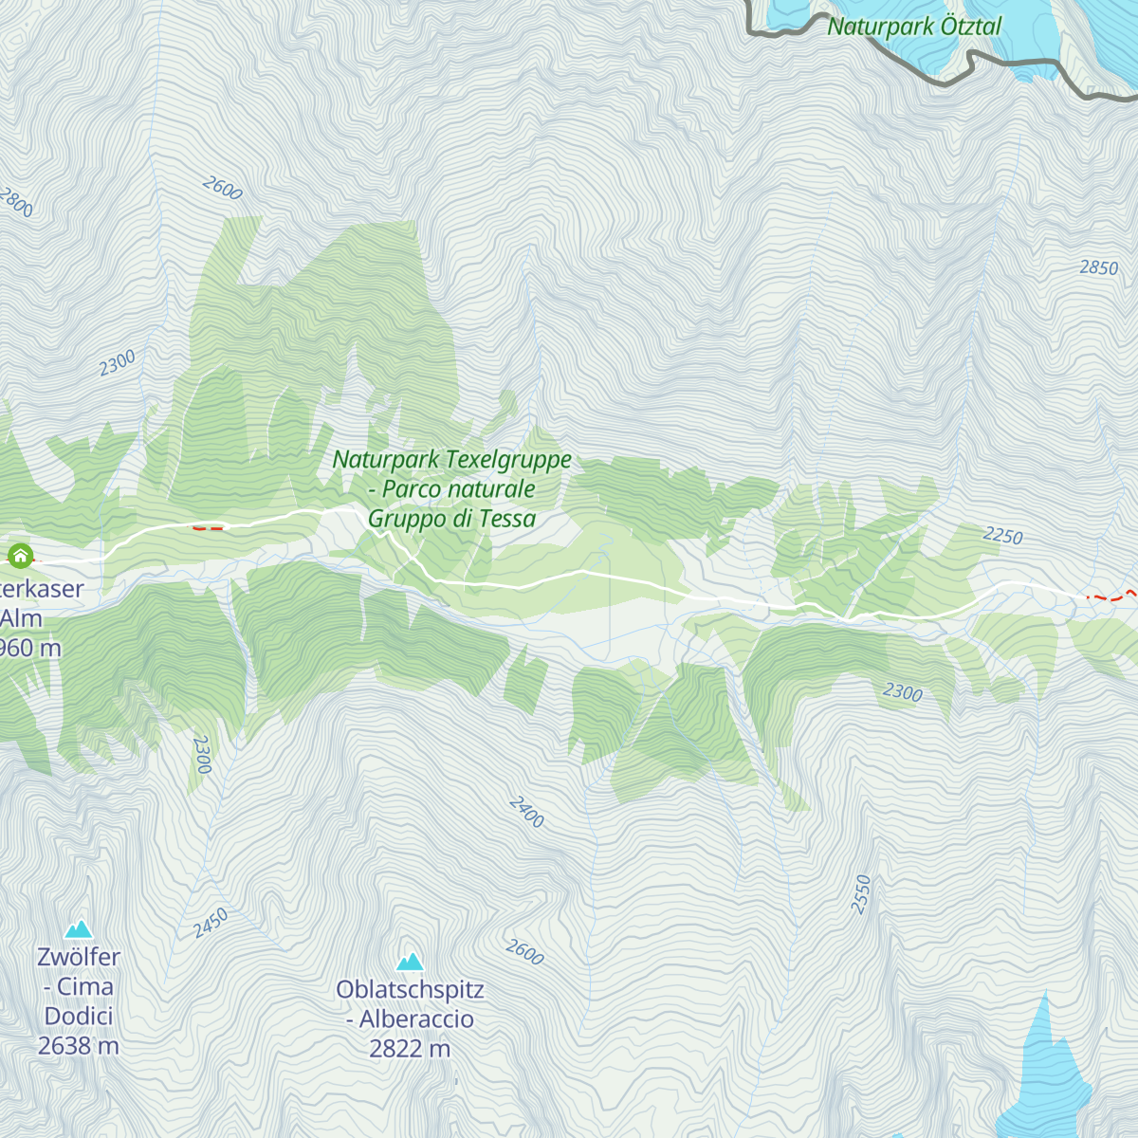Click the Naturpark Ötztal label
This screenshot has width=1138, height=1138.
(913, 27)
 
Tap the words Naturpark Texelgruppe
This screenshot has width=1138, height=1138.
(451, 460)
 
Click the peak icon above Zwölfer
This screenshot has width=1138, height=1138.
(79, 928)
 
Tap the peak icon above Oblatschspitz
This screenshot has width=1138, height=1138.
(410, 962)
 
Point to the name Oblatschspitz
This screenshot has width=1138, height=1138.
(410, 990)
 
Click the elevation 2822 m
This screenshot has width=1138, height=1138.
(410, 1049)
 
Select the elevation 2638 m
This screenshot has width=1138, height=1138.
(79, 1046)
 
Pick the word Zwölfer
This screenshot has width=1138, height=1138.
(79, 957)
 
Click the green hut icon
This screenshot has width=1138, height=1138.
(20, 556)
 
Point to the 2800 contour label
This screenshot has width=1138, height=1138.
(16, 202)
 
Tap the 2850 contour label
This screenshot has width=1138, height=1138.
(1098, 268)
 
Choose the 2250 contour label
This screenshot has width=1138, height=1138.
(1002, 537)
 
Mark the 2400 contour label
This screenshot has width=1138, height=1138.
(526, 812)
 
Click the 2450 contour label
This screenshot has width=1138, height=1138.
(211, 923)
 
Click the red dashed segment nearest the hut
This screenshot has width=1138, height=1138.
(208, 527)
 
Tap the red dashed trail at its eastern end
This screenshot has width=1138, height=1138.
(1129, 593)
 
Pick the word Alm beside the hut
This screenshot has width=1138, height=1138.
(21, 618)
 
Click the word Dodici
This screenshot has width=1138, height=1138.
(79, 1016)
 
